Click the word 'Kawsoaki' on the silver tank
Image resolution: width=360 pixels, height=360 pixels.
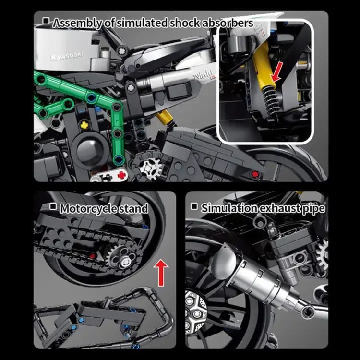[x=66, y=56]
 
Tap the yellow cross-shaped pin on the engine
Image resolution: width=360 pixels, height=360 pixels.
[x=84, y=125]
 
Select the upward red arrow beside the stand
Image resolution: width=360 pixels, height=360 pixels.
[x=161, y=273]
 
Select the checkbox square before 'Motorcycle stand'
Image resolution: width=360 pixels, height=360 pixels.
[x=53, y=206]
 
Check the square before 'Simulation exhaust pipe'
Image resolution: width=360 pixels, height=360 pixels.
[x=194, y=206]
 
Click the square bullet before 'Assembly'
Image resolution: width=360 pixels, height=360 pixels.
[x=46, y=21]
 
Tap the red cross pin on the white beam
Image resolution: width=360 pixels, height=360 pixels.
[x=121, y=175]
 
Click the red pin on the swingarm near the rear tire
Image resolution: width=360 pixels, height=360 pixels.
[x=254, y=175]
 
